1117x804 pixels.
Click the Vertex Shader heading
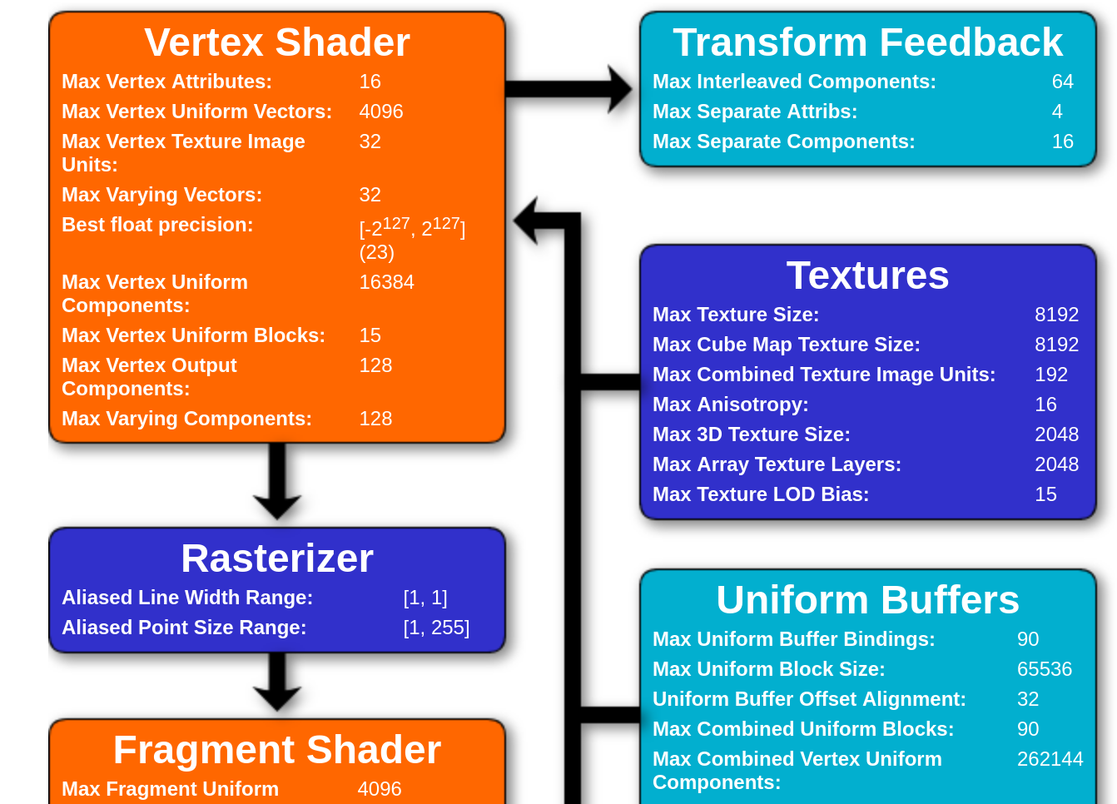tap(277, 42)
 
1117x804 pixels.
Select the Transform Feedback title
tap(867, 42)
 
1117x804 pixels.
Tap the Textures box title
tap(867, 275)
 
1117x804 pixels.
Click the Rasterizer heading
tap(277, 558)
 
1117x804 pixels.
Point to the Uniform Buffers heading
tap(867, 600)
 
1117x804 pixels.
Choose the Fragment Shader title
tap(277, 750)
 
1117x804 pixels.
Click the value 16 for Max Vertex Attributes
tap(370, 82)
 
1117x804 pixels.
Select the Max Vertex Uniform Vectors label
tap(196, 112)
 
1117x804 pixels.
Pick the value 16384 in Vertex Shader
tap(386, 282)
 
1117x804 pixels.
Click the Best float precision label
tap(157, 225)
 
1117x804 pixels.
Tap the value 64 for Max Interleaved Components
tap(1062, 82)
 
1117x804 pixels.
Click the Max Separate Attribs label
tap(754, 112)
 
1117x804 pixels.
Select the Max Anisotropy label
tap(730, 404)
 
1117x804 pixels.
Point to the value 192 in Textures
tap(1050, 375)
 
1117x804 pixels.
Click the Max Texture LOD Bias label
tap(760, 494)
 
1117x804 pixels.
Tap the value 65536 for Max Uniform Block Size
tap(1044, 669)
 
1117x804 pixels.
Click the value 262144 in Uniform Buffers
tap(1050, 759)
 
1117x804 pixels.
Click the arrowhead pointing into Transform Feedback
tap(619, 89)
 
